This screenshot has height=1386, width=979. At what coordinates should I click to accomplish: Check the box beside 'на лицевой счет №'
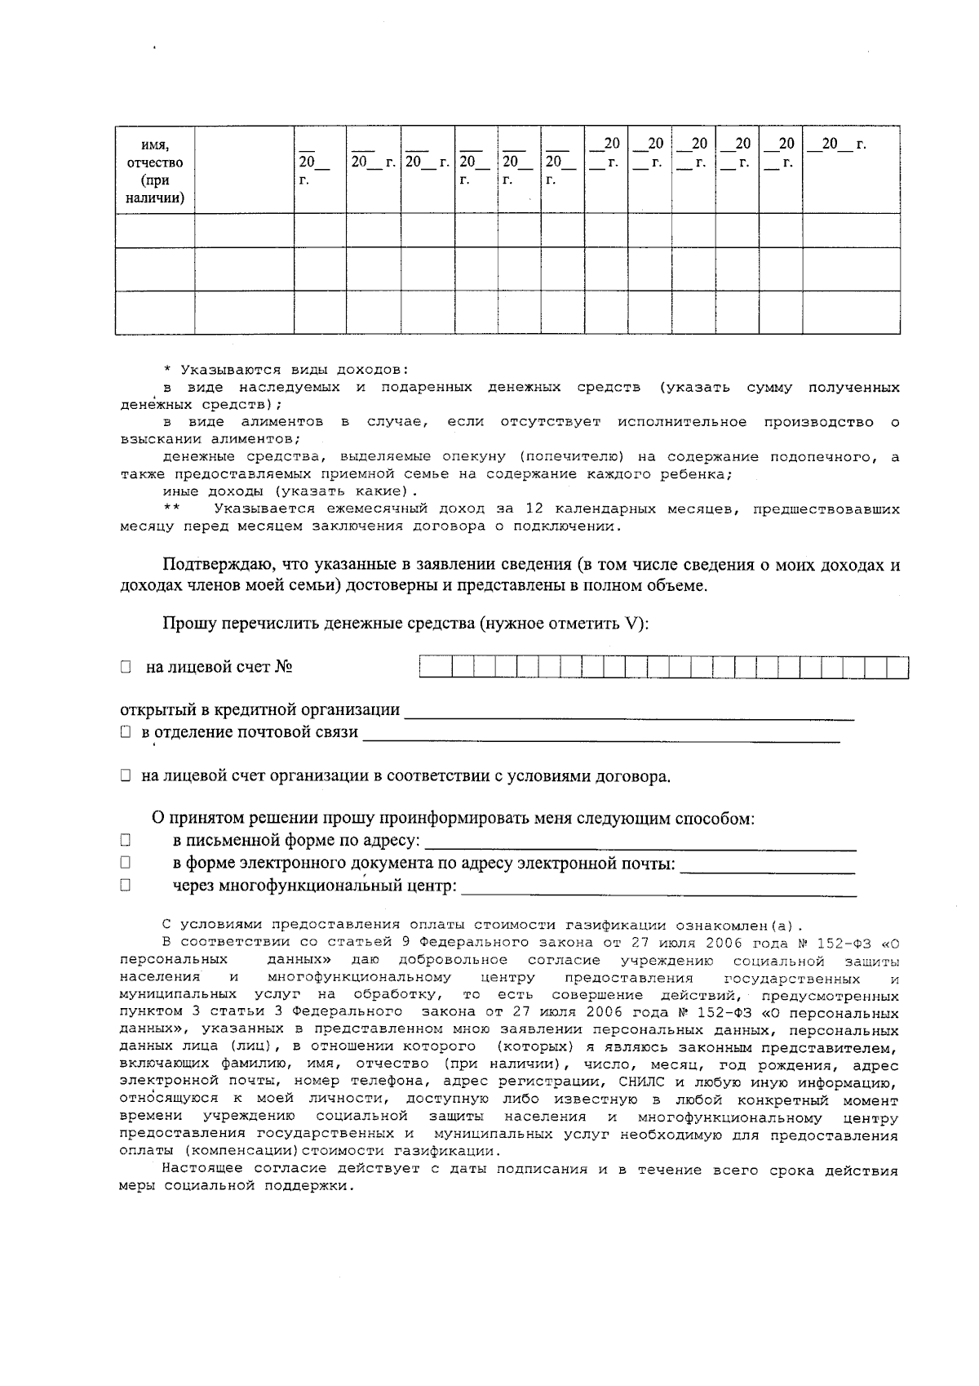pos(126,668)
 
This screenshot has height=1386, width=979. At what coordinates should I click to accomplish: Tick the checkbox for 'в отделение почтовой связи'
pos(126,732)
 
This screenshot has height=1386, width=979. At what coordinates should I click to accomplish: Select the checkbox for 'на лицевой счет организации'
pos(126,776)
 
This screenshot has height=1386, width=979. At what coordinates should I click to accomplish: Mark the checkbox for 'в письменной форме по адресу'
pos(126,840)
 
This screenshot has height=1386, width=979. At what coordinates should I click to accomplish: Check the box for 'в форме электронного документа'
pos(126,862)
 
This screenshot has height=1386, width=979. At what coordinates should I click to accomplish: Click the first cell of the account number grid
pos(430,668)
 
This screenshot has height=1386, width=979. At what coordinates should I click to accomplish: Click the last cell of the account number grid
pos(897,668)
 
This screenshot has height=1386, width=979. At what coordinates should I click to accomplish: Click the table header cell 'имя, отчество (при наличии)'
pos(155,171)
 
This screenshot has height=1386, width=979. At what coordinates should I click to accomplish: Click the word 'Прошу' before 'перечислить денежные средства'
pos(185,624)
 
